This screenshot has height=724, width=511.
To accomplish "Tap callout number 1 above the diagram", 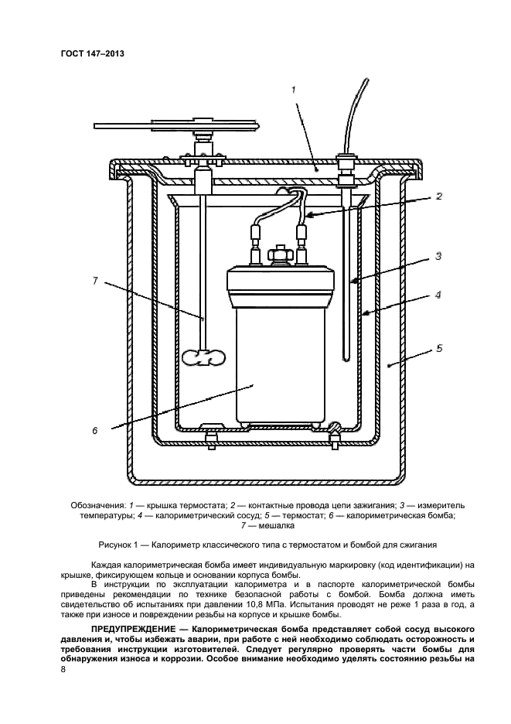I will point(294,90).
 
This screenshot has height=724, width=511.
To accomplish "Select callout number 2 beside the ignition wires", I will point(438,196).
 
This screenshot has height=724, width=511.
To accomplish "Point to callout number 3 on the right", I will point(437,255).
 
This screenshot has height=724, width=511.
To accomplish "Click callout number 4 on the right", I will point(438,295).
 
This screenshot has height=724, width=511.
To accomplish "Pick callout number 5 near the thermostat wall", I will point(438,348).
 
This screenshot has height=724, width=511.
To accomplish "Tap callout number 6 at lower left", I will point(94,431).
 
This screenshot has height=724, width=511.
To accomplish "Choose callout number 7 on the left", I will point(94,281).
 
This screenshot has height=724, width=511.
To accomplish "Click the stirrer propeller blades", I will point(204,359).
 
